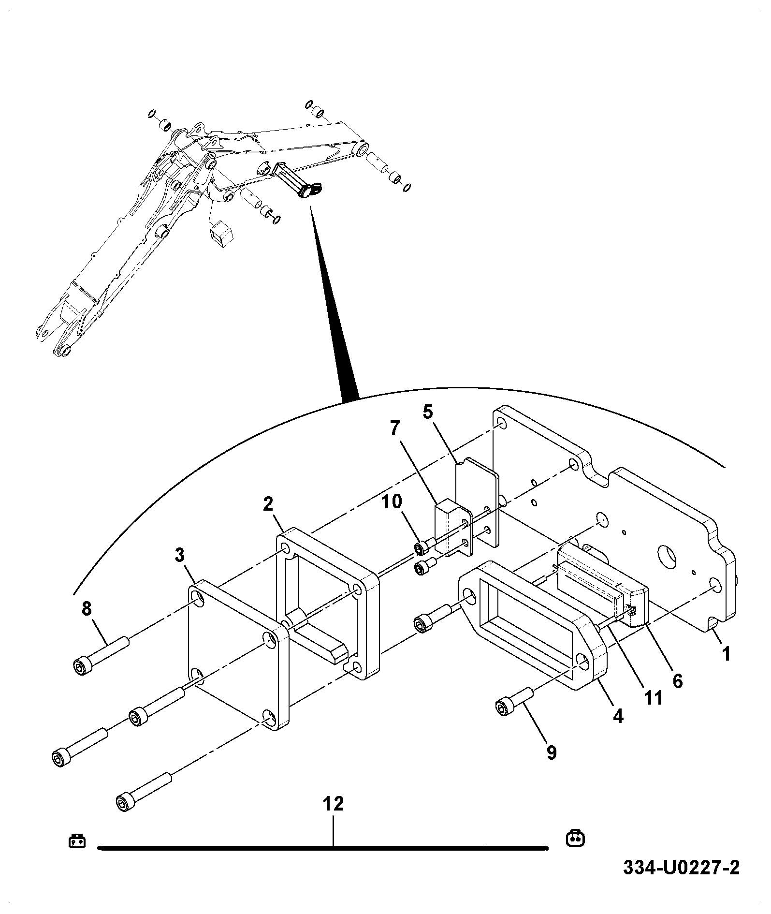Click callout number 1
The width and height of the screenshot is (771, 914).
726,655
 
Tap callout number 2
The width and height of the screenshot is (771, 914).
268,505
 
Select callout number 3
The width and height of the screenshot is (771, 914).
180,556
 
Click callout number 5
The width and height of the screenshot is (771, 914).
428,412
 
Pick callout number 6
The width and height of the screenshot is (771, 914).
678,681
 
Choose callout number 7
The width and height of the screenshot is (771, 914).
395,428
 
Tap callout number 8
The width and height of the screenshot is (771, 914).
87,609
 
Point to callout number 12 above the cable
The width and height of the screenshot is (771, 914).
333,804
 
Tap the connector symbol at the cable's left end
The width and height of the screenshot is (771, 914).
77,841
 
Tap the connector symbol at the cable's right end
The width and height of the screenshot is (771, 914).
575,838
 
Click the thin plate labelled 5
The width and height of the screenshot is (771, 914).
477,503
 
